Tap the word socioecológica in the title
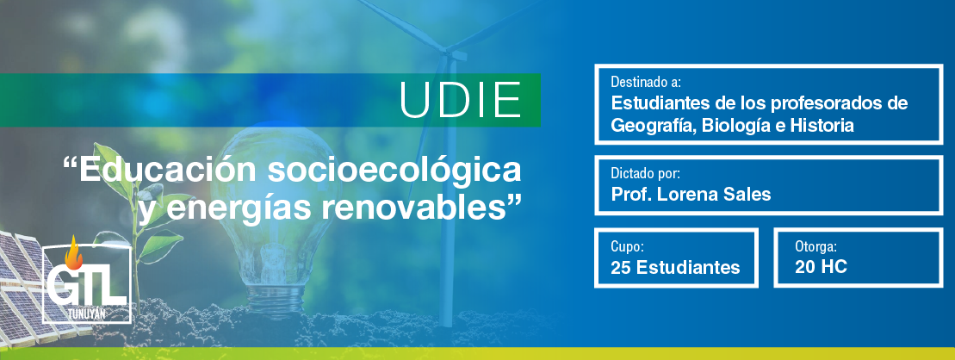click(394, 171)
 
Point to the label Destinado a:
click(646, 82)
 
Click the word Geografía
click(654, 126)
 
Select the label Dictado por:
click(645, 173)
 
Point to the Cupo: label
click(627, 246)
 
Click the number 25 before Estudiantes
click(621, 267)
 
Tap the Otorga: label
click(815, 246)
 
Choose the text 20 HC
click(821, 266)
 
